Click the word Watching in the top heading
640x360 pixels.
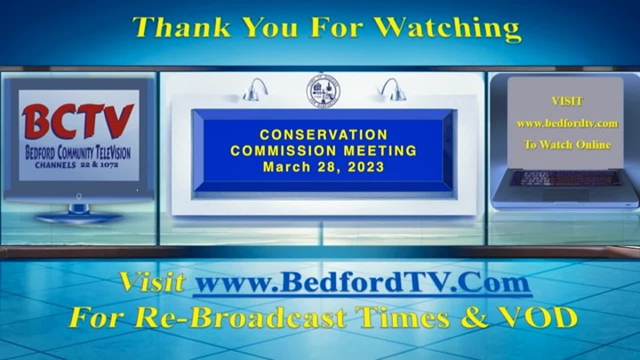pyautogui.click(x=447, y=28)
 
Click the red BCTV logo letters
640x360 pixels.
pyautogui.click(x=77, y=121)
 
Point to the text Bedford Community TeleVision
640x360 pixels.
pyautogui.click(x=77, y=153)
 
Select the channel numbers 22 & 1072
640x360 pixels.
pyautogui.click(x=100, y=165)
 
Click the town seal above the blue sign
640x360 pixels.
pyautogui.click(x=324, y=91)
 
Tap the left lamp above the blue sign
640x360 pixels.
pyautogui.click(x=255, y=90)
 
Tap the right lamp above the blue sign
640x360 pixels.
pyautogui.click(x=393, y=90)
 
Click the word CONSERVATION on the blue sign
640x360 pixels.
pyautogui.click(x=324, y=135)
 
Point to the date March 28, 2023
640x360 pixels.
pyautogui.click(x=324, y=167)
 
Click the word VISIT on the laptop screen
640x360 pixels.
pyautogui.click(x=567, y=101)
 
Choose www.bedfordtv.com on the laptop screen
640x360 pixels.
pyautogui.click(x=567, y=124)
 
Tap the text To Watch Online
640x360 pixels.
pyautogui.click(x=567, y=145)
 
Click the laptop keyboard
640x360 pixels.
pyautogui.click(x=565, y=179)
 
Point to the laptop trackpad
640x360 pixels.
pyautogui.click(x=565, y=195)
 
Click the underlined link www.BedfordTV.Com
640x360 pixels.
pyautogui.click(x=363, y=283)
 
